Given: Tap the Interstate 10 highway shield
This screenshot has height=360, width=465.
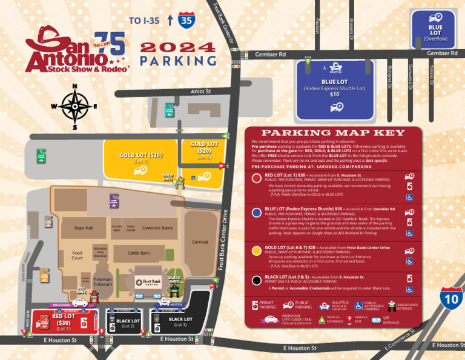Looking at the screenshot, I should (452, 299).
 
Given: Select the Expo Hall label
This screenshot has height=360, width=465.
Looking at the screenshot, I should (84, 228).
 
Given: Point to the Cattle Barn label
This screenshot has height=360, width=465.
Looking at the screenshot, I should (139, 252).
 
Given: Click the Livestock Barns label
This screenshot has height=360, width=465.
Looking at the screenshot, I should (157, 228).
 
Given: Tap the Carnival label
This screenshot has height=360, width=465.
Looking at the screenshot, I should (200, 241).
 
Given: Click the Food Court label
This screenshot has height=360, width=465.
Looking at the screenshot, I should (77, 255).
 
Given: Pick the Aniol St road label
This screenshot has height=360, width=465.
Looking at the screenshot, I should (200, 92).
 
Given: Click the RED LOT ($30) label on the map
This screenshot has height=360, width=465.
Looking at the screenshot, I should (64, 319).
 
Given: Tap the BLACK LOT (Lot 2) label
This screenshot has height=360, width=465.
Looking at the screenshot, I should (128, 322).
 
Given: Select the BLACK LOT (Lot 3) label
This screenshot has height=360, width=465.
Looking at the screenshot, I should (180, 322).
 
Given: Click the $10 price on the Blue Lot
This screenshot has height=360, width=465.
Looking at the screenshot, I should (334, 95).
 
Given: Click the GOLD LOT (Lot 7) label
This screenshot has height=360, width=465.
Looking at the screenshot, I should (140, 158).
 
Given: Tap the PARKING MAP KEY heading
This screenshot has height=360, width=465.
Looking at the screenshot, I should (332, 133).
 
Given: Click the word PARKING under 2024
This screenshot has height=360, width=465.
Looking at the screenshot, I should (178, 61).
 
